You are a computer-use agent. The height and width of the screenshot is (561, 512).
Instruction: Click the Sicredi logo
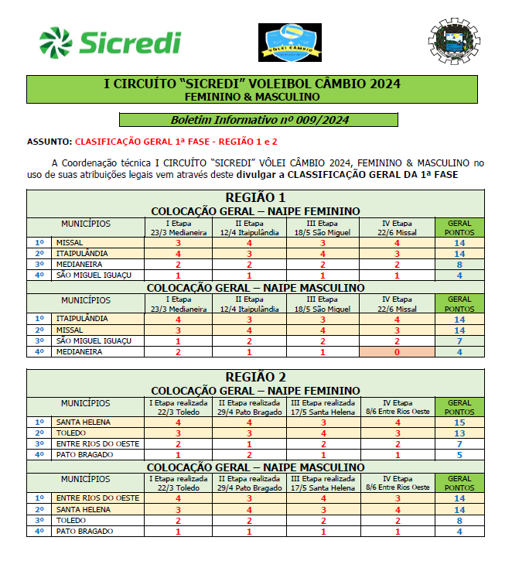109,42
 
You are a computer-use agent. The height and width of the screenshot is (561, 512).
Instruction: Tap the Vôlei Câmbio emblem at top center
290,43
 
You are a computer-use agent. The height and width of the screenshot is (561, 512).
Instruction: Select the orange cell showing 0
397,352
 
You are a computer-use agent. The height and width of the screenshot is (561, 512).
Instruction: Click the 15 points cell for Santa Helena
459,422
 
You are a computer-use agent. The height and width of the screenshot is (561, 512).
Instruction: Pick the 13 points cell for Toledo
459,433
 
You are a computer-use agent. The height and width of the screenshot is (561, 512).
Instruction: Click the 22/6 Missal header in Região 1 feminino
397,232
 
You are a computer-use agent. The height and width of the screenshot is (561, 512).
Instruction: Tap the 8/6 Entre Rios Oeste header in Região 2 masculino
397,487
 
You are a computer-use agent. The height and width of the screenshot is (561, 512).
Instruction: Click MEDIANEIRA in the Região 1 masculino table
80,352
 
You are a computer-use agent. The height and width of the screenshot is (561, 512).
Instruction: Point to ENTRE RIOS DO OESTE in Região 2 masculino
97,498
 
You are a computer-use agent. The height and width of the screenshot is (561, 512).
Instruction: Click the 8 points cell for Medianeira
459,265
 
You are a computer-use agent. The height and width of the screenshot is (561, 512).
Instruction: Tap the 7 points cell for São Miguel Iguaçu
459,341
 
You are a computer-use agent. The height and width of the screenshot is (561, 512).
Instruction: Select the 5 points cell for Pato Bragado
459,455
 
